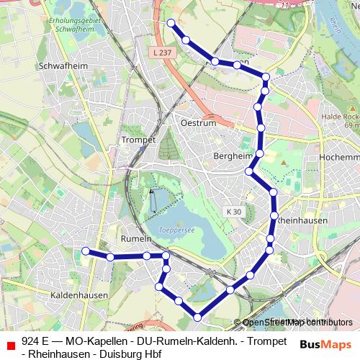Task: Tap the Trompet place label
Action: (x=139, y=140)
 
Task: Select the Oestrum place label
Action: (x=199, y=123)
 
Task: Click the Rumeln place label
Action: (x=136, y=238)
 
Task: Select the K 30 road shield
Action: (x=233, y=212)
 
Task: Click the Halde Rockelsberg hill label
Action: (x=342, y=121)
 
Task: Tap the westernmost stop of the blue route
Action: (x=85, y=251)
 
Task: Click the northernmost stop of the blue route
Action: (x=171, y=23)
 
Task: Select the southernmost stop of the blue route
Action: (x=198, y=316)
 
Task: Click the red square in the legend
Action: (x=10, y=346)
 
